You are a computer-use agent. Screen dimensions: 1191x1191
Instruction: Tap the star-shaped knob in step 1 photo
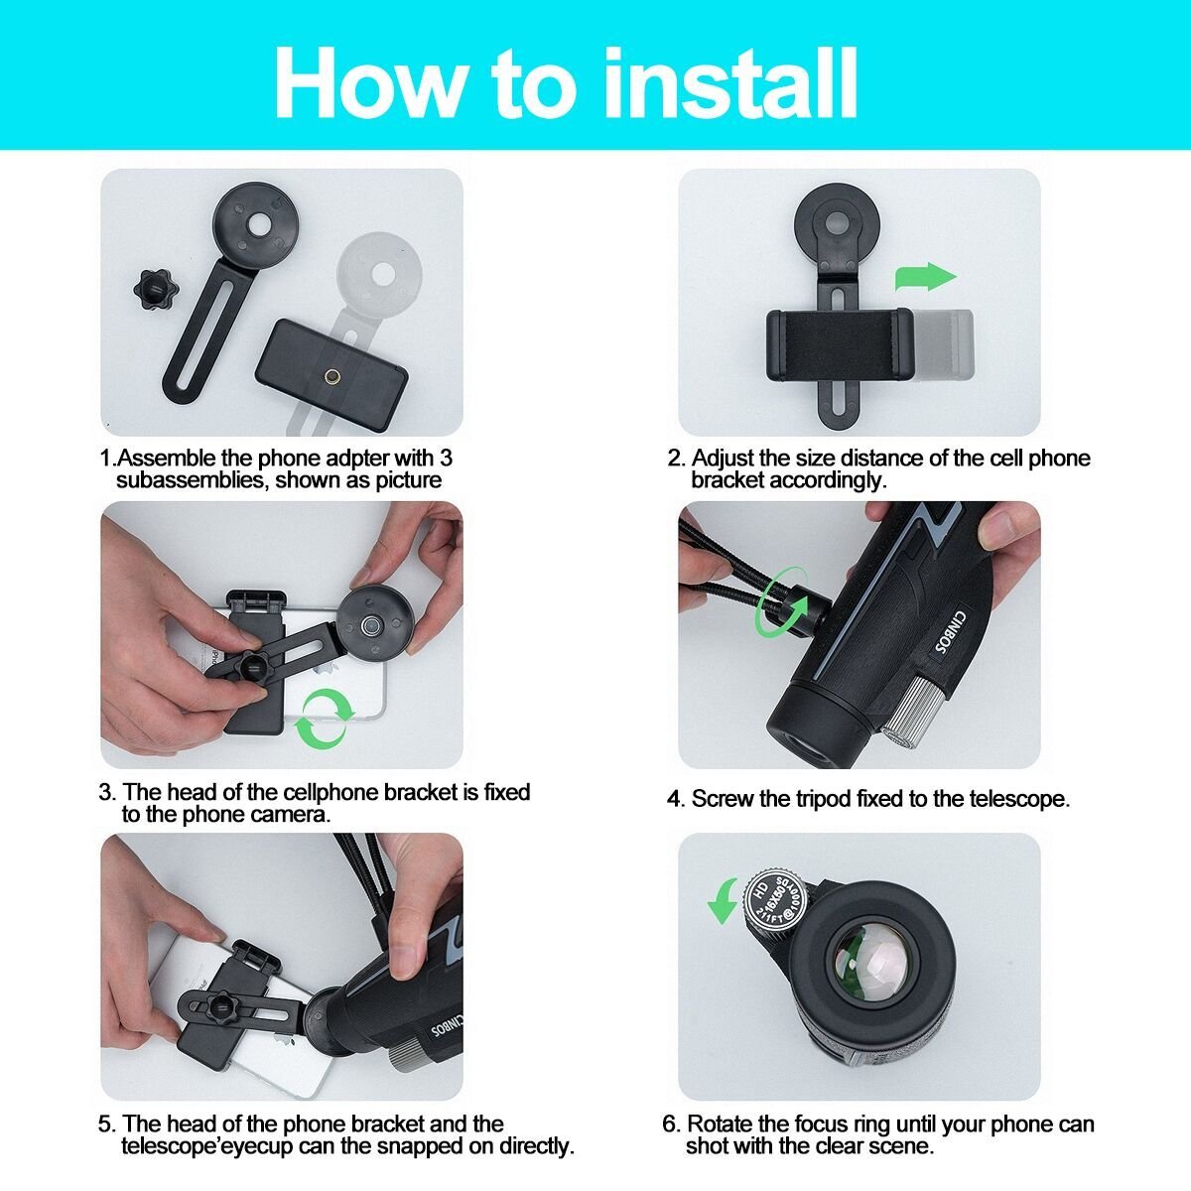click(156, 291)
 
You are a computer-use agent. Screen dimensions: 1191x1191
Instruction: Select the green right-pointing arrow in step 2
click(925, 276)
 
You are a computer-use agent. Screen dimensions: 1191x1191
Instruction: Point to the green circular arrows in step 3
click(324, 719)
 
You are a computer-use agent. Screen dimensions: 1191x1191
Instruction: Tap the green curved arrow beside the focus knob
click(724, 901)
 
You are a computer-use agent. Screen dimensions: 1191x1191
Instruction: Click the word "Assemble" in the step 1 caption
click(167, 458)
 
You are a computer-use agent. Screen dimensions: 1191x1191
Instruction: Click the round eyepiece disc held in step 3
click(374, 626)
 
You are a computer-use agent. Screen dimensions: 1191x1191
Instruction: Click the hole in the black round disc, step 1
click(260, 225)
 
